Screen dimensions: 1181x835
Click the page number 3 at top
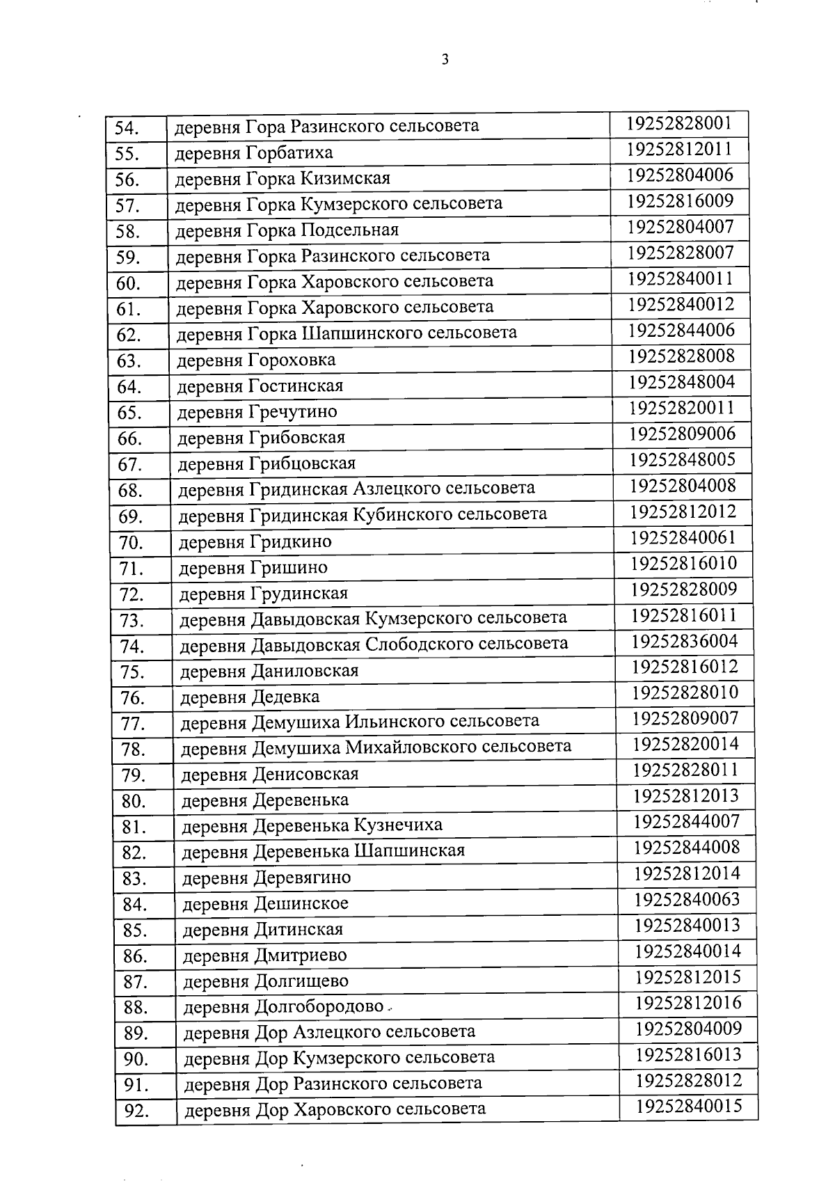click(x=445, y=60)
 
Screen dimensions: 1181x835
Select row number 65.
click(x=129, y=413)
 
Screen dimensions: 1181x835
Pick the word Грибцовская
click(x=302, y=463)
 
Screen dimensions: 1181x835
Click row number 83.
click(x=134, y=879)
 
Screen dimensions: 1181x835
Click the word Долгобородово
click(x=319, y=1007)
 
